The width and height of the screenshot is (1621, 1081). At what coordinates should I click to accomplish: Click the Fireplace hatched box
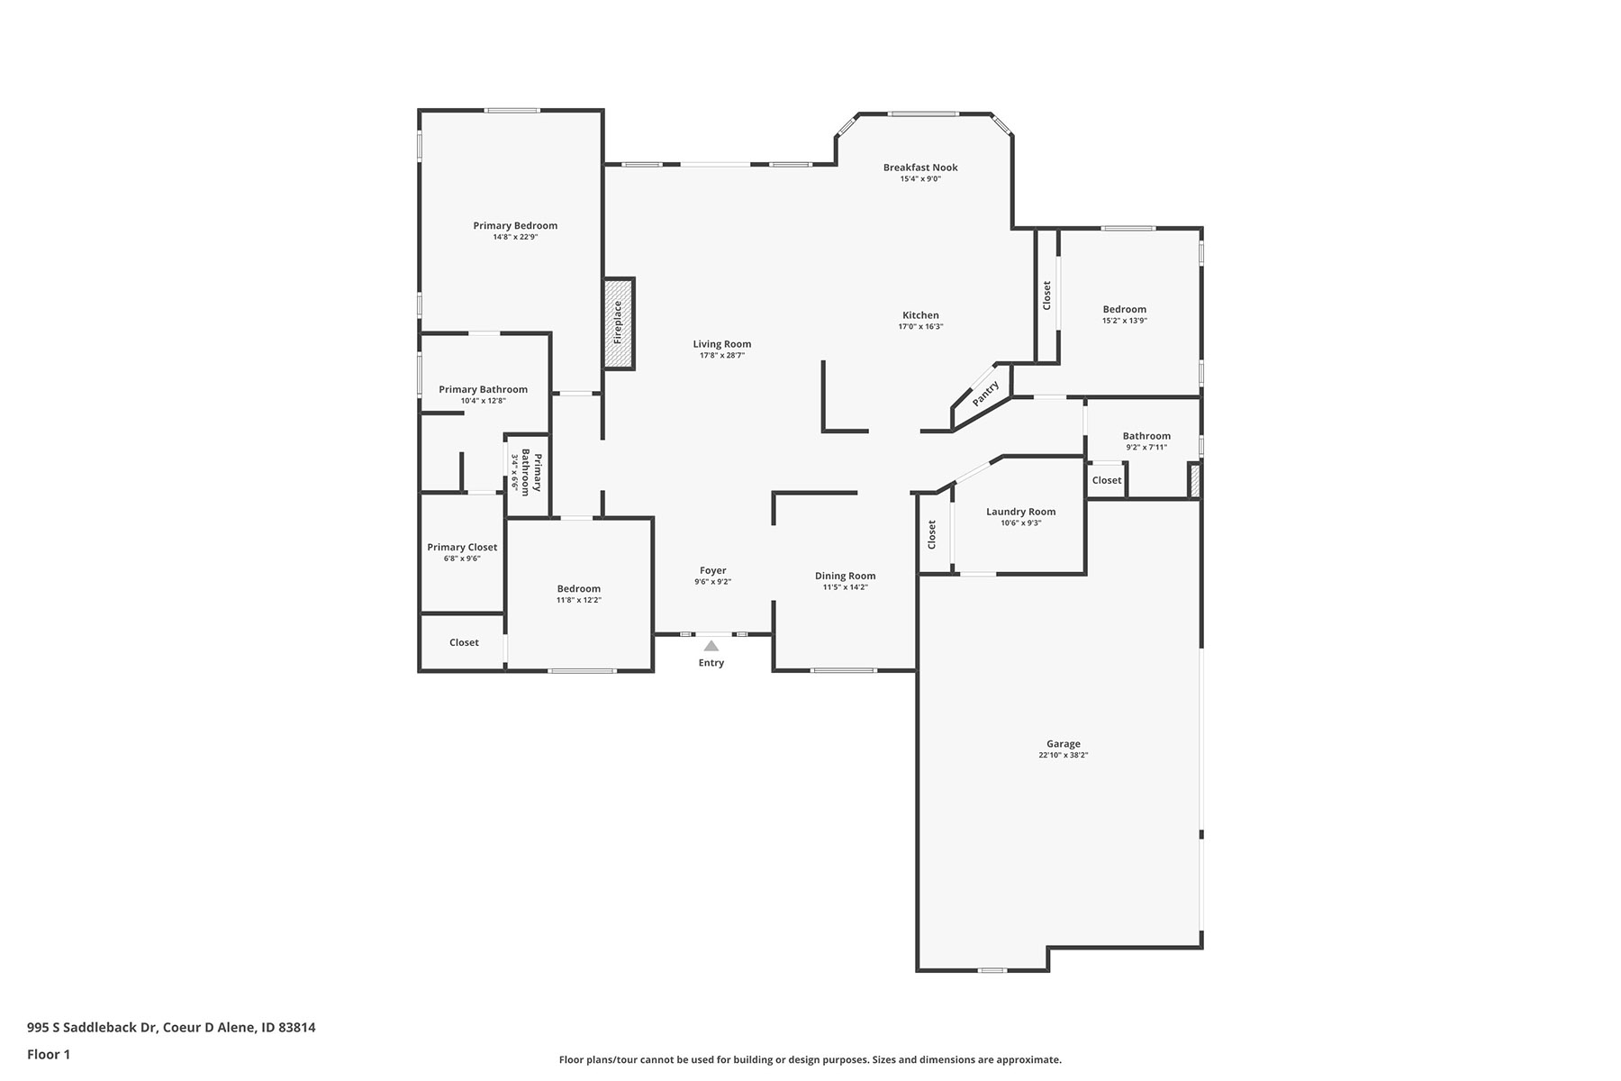tap(619, 323)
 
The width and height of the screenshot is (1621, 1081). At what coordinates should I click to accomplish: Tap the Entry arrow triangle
tap(711, 646)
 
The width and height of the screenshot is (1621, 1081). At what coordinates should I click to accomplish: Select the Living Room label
tap(722, 344)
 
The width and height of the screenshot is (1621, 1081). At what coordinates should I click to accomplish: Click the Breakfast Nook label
tap(920, 168)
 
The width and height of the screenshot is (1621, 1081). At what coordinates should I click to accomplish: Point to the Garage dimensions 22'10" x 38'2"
tap(1064, 756)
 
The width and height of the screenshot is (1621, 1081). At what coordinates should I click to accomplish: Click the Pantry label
tap(985, 394)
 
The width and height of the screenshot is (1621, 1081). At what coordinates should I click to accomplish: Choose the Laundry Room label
tap(1021, 512)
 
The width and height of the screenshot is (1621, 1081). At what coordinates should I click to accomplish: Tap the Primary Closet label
tap(462, 548)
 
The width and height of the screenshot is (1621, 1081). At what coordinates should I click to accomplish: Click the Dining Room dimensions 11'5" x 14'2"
tap(846, 587)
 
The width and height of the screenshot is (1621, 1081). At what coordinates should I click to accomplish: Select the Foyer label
tap(713, 570)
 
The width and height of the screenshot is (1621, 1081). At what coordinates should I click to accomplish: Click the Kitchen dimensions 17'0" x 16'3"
tap(920, 327)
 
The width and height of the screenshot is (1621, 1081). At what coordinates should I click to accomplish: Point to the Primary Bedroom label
tap(515, 226)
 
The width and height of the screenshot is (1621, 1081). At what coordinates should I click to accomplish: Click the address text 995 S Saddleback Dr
tap(92, 1027)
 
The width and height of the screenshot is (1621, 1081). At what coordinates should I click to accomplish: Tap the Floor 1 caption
tap(49, 1054)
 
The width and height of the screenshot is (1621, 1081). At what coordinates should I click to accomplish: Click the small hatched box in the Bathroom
tap(1195, 480)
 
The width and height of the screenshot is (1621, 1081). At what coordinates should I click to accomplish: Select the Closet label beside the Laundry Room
tap(932, 534)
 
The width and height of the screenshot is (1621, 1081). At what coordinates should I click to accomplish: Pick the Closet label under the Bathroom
tap(1107, 480)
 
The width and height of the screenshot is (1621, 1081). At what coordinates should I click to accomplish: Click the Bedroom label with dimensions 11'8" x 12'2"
tap(578, 589)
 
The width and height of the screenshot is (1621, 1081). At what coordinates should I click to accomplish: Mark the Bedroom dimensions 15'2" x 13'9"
tap(1125, 321)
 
